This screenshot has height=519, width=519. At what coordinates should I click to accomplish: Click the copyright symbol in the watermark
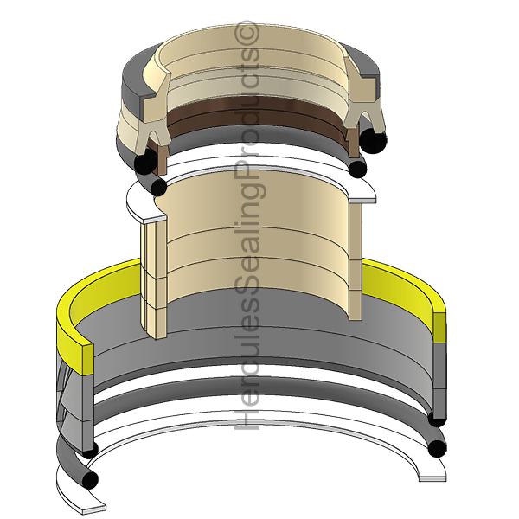[247, 33]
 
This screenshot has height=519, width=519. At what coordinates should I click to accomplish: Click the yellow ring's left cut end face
[87, 360]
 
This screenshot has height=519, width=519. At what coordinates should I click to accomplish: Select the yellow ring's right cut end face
[439, 328]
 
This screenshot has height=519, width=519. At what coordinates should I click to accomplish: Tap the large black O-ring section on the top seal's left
[146, 160]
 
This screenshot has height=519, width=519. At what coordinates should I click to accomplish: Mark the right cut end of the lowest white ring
[432, 478]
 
